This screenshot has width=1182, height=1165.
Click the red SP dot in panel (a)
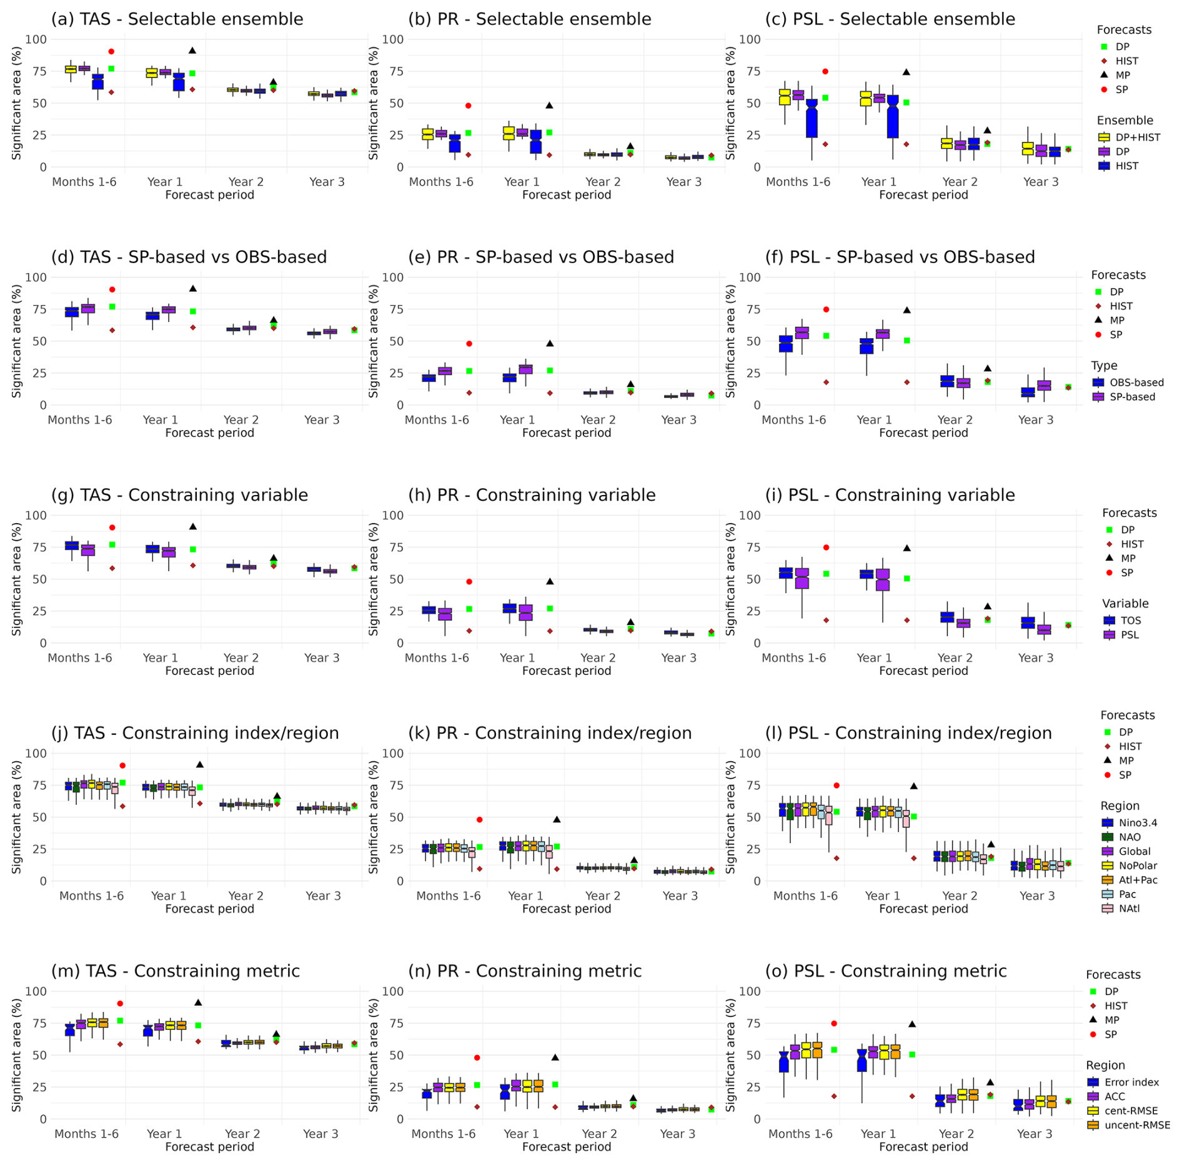(111, 52)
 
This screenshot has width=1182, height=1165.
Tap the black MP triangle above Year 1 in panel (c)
(906, 72)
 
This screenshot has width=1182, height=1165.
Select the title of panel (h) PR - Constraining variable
(532, 496)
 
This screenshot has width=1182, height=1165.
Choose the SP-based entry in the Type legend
(1132, 397)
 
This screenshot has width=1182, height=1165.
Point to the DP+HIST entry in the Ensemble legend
(1138, 137)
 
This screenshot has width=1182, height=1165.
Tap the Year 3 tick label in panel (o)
(1035, 1134)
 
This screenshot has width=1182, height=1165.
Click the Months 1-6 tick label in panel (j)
(91, 896)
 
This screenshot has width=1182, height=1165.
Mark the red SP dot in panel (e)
(469, 344)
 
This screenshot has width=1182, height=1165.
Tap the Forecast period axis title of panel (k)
(567, 909)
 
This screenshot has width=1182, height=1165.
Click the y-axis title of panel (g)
(16, 579)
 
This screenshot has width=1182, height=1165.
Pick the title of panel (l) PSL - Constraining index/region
(908, 734)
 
